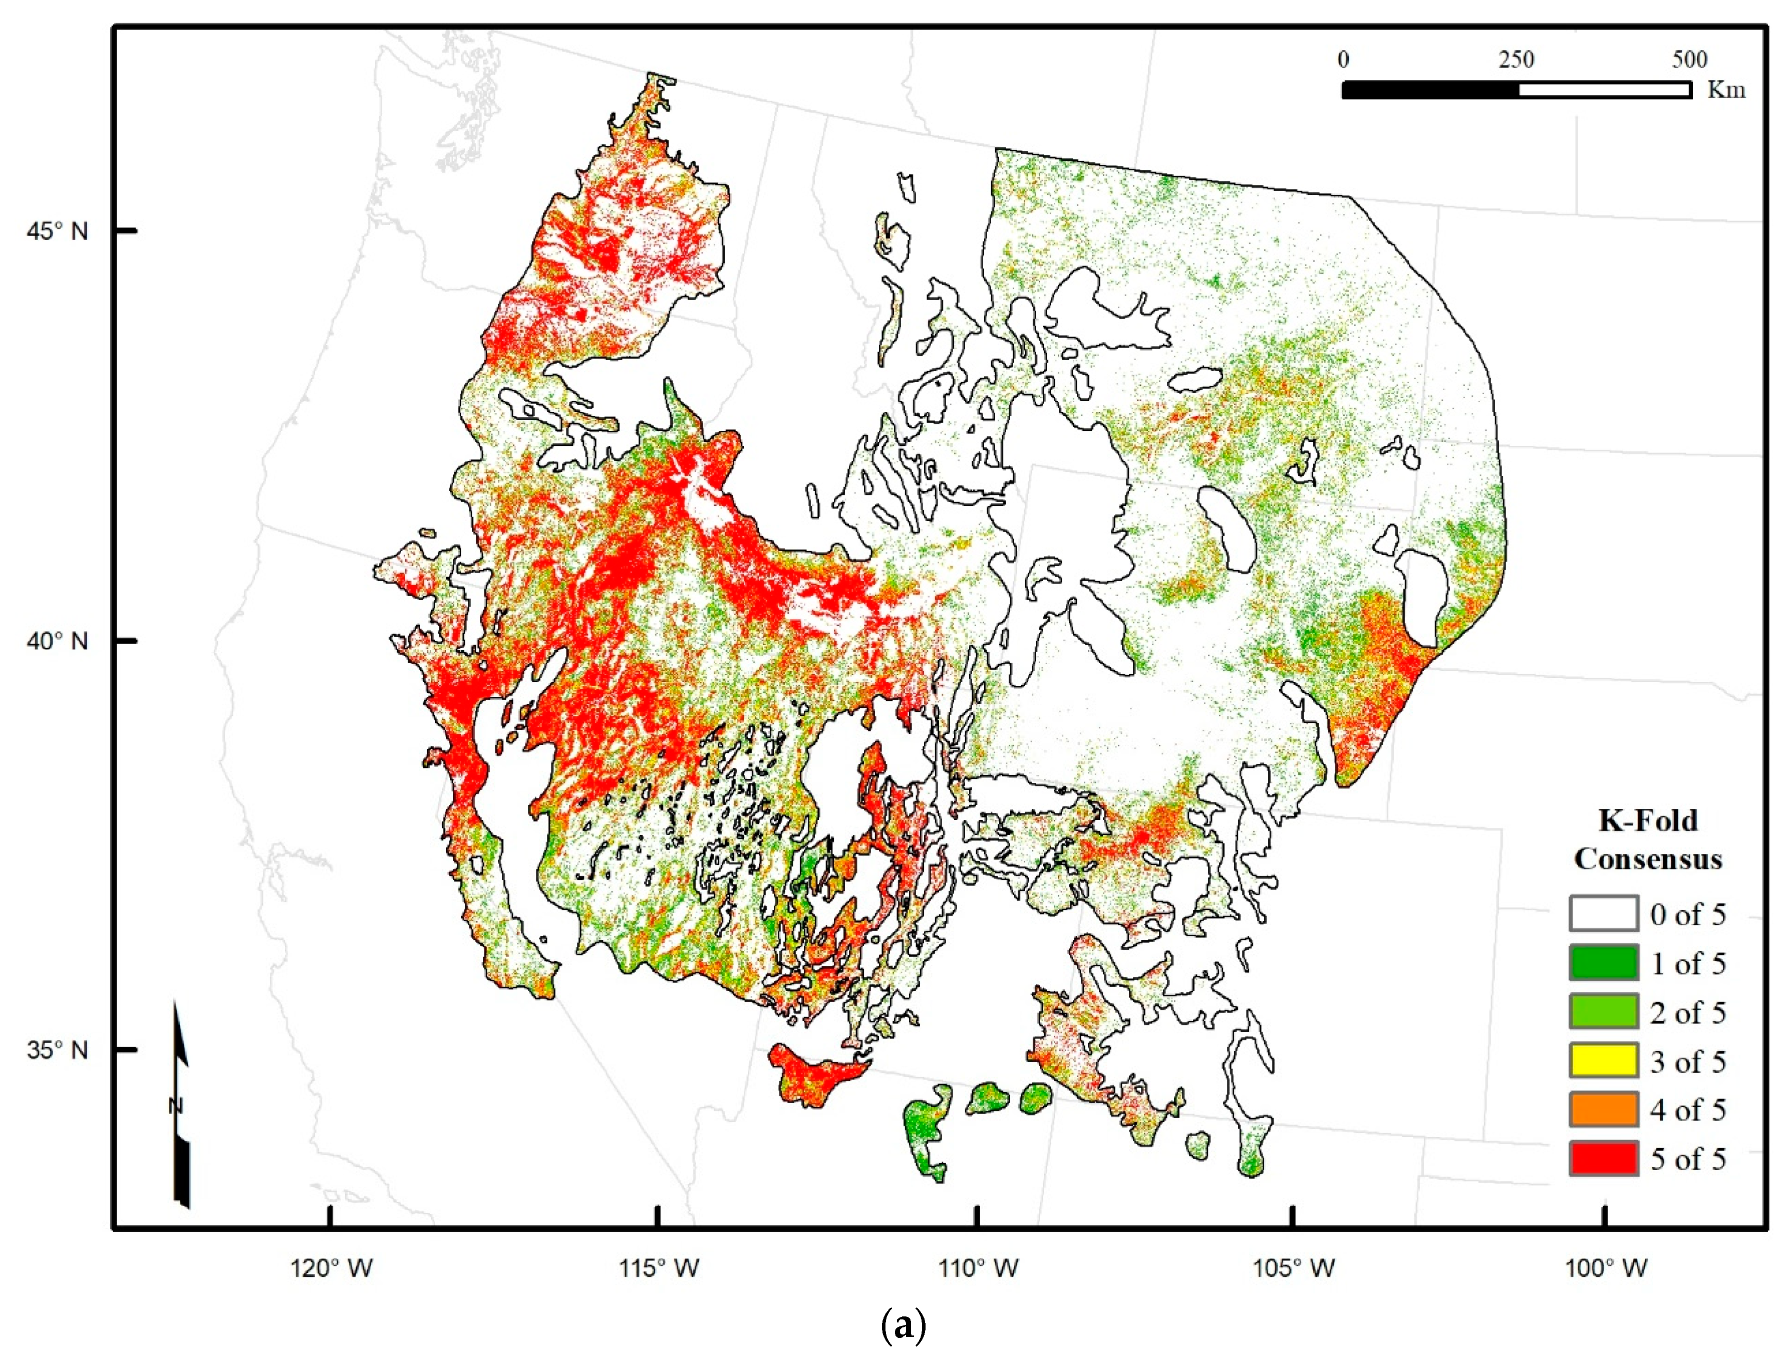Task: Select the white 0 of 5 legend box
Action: click(1602, 914)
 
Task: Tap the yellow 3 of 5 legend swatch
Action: click(1602, 1060)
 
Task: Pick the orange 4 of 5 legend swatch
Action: click(1602, 1109)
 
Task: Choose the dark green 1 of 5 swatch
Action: click(1602, 962)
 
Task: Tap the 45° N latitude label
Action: click(57, 232)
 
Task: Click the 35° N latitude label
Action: click(57, 1051)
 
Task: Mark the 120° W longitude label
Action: click(332, 1268)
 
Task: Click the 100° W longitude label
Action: click(1606, 1268)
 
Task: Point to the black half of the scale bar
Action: click(1430, 90)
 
